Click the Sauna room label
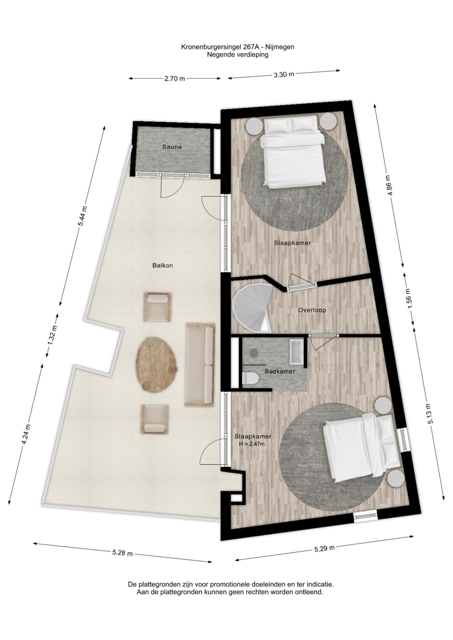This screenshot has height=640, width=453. (172, 147)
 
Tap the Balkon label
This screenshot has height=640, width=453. (162, 265)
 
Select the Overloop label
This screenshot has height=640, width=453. (312, 310)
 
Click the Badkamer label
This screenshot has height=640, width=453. (280, 371)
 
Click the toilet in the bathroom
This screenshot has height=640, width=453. (251, 378)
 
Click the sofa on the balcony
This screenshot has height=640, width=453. (200, 364)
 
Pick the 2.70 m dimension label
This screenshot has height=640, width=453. (174, 78)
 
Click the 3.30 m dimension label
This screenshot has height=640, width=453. (284, 74)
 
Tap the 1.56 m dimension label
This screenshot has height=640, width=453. (408, 299)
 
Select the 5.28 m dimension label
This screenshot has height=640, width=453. (122, 553)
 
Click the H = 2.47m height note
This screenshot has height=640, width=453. (253, 444)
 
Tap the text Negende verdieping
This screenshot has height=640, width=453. (238, 54)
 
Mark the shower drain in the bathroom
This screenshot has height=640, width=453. (254, 353)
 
